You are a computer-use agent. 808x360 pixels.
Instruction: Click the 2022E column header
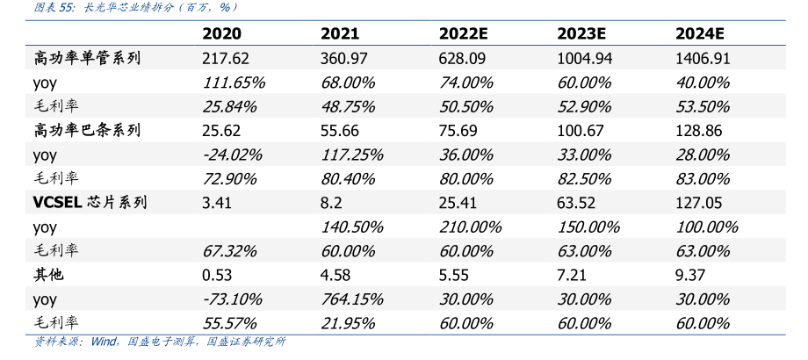pyautogui.click(x=463, y=34)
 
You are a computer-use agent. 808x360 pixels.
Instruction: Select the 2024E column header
pyautogui.click(x=700, y=34)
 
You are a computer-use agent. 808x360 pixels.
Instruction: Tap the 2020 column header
pyautogui.click(x=221, y=34)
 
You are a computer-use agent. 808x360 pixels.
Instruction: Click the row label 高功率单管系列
pyautogui.click(x=87, y=58)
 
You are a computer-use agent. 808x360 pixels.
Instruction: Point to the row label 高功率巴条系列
pyautogui.click(x=87, y=130)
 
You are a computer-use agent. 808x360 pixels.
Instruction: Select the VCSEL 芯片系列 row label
pyautogui.click(x=90, y=203)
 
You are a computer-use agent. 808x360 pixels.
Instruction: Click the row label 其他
pyautogui.click(x=49, y=275)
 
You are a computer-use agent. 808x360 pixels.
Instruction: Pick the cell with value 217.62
pyautogui.click(x=225, y=58)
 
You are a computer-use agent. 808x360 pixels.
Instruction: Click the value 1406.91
pyautogui.click(x=703, y=58)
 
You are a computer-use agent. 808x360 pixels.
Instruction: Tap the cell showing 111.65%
pyautogui.click(x=233, y=83)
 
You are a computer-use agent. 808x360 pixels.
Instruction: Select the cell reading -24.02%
pyautogui.click(x=232, y=155)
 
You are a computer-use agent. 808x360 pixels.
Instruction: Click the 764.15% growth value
pyautogui.click(x=352, y=299)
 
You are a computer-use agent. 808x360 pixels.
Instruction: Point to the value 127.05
pyautogui.click(x=699, y=203)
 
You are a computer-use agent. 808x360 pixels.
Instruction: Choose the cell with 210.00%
pyautogui.click(x=471, y=227)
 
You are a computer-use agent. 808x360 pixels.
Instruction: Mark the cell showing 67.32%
pyautogui.click(x=229, y=251)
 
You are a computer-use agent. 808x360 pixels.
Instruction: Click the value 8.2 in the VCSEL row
pyautogui.click(x=331, y=203)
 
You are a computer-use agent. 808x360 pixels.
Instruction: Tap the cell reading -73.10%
pyautogui.click(x=232, y=299)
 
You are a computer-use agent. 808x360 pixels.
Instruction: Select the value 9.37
pyautogui.click(x=690, y=275)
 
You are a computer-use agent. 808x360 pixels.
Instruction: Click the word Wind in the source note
pyautogui.click(x=104, y=341)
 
